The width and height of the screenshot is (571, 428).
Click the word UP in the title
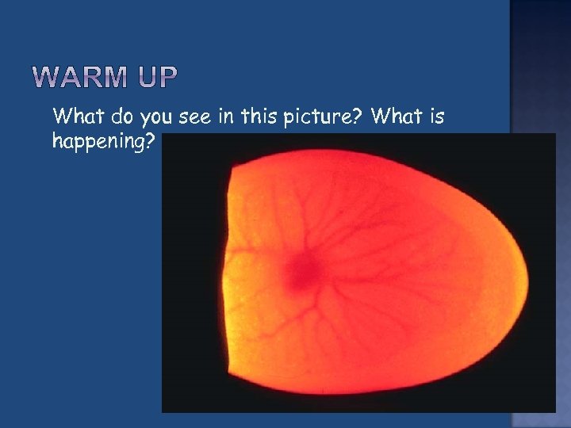click(158, 78)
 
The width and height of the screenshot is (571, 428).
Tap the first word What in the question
click(74, 117)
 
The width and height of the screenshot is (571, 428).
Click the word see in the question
click(194, 117)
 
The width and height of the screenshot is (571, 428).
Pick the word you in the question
click(155, 119)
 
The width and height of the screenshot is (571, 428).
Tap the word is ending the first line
click(436, 117)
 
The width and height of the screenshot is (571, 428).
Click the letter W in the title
click(49, 78)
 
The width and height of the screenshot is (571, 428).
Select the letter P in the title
click(169, 78)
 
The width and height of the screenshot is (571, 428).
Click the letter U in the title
click(146, 78)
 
